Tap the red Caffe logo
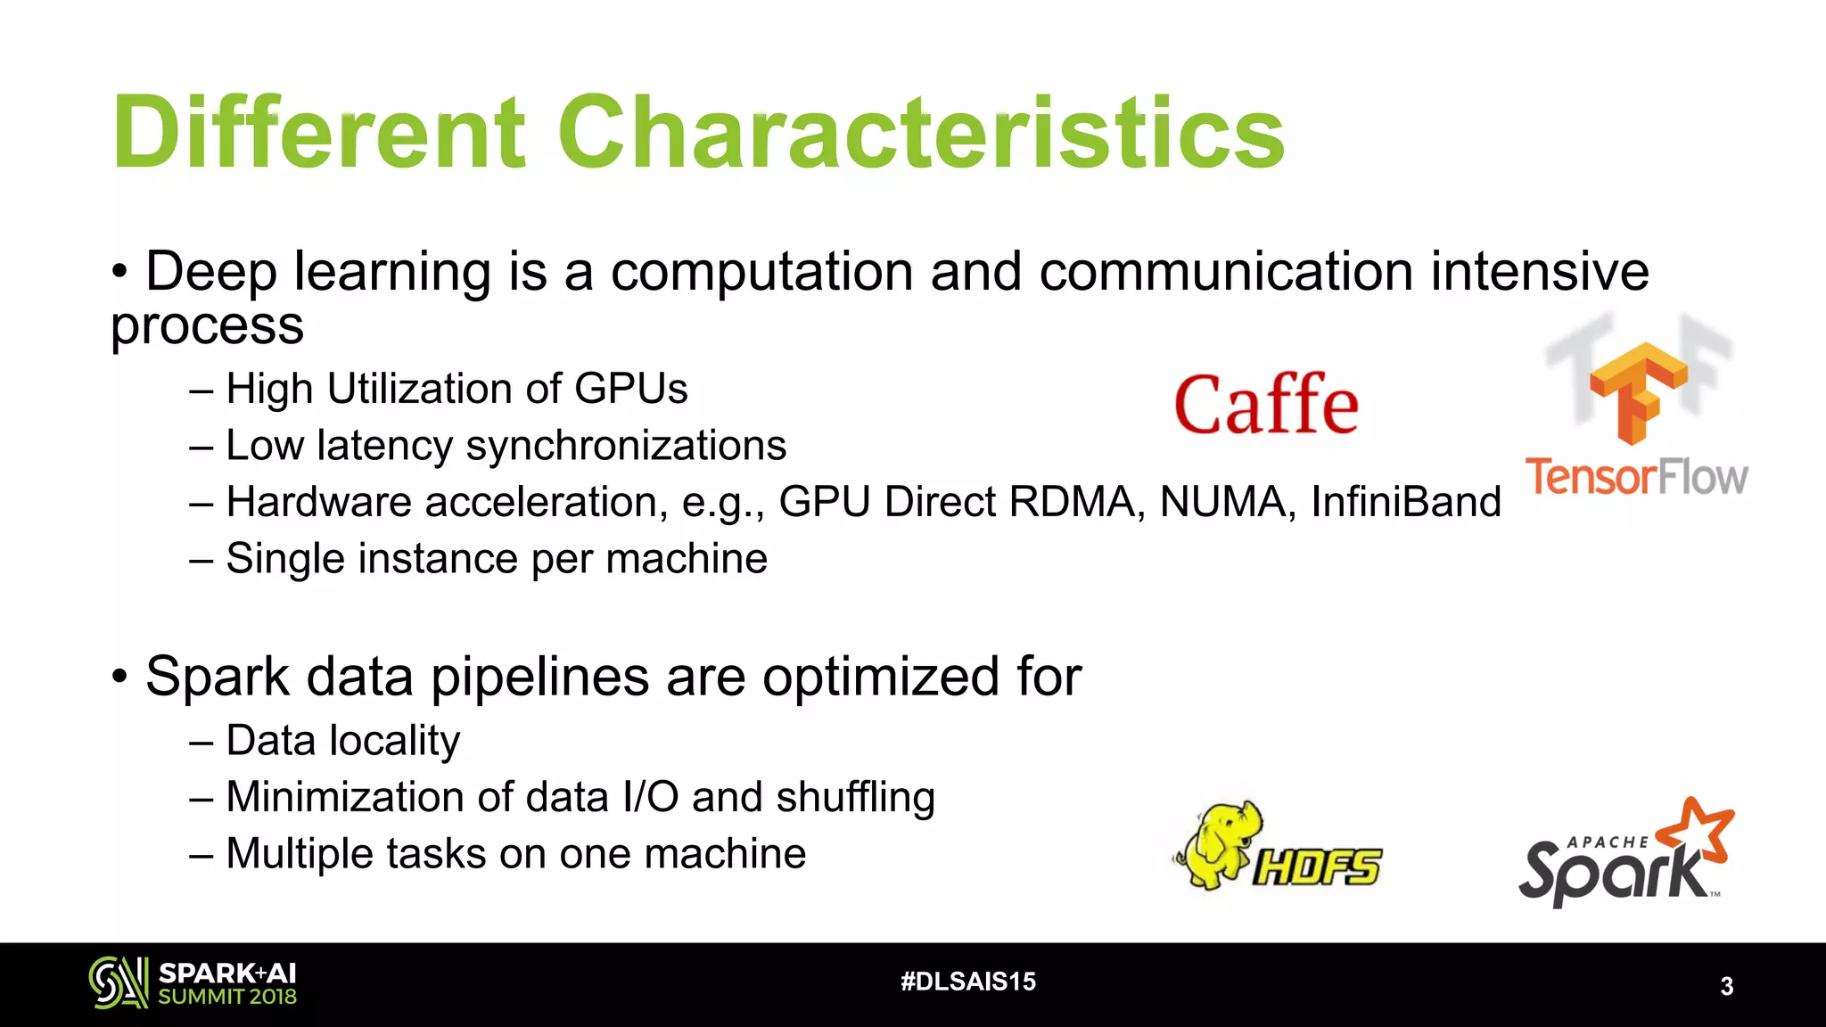click(1266, 406)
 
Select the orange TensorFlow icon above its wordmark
click(1639, 392)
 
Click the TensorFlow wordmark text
click(1637, 477)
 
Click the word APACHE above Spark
click(1608, 842)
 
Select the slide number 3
click(1726, 986)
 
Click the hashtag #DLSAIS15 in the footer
click(968, 982)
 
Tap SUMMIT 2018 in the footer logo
click(227, 998)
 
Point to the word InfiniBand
click(1405, 502)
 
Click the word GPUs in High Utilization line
click(630, 390)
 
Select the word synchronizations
click(626, 446)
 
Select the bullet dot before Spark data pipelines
click(120, 678)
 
